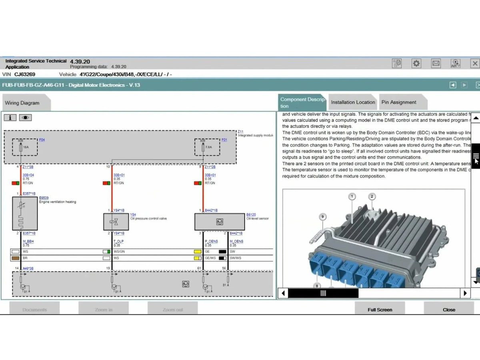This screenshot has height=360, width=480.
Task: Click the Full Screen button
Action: point(380,309)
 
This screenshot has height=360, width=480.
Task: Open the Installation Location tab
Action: point(353,102)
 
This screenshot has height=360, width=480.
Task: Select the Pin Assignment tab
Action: point(399,102)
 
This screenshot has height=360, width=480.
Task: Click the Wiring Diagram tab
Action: point(22,103)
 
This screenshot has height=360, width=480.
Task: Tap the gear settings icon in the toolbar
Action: point(416,63)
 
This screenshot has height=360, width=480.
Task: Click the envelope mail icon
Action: point(436,63)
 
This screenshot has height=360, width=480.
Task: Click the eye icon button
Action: point(25,118)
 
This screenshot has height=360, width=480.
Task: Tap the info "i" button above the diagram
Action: point(10,118)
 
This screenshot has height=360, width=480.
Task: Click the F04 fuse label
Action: point(42,140)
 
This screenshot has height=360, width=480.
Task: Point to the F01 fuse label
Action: point(224,140)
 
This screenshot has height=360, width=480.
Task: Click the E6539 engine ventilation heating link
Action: point(44,198)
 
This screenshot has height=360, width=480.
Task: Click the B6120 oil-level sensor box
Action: point(219,222)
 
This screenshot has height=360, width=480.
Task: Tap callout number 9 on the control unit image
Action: point(322,217)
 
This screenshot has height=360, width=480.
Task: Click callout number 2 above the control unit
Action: point(372,196)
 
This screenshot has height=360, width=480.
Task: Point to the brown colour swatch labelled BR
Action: point(15,258)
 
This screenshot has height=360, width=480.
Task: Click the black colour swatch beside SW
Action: point(222,252)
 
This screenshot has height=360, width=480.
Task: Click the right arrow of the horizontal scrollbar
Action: point(465,293)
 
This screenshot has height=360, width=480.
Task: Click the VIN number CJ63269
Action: point(25,74)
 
